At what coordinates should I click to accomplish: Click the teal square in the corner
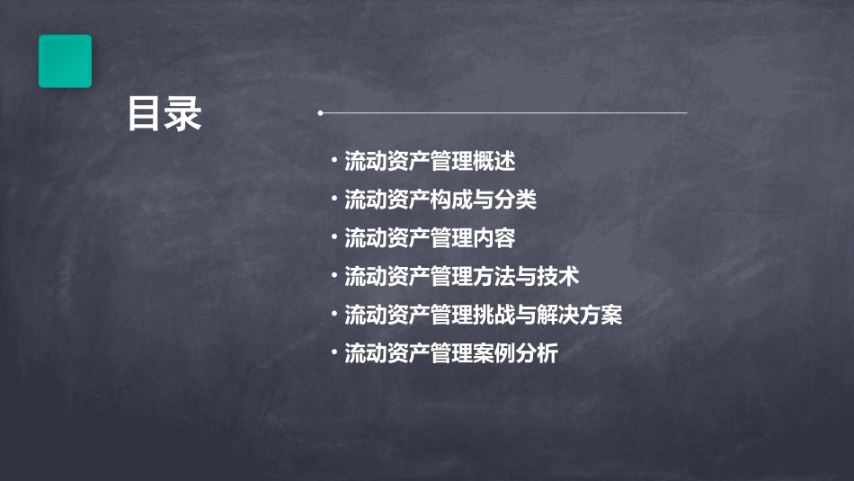(x=65, y=61)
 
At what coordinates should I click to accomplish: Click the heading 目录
(x=165, y=114)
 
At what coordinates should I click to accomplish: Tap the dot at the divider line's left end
(x=320, y=113)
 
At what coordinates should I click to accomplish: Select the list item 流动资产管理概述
(x=430, y=162)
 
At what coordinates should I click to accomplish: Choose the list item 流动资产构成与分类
(x=440, y=200)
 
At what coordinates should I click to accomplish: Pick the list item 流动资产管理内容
(x=430, y=238)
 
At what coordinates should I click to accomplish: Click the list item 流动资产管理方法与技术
(x=461, y=277)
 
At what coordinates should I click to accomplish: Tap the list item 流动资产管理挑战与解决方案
(x=483, y=316)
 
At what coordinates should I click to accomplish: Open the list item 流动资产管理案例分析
(x=450, y=353)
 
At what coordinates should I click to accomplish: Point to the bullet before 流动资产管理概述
(x=334, y=161)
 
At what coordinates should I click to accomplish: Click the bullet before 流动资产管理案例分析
(x=334, y=352)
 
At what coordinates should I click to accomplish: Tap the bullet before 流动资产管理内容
(x=334, y=237)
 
